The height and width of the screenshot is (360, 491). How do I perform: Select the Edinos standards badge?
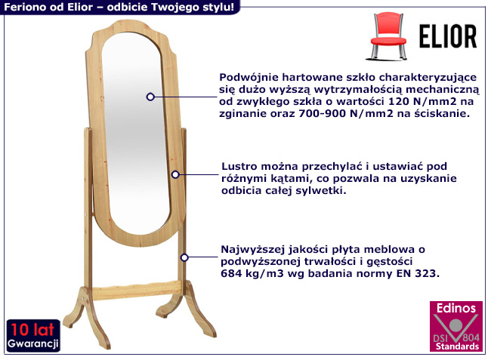455,327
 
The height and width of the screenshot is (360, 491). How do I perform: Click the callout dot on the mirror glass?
150,97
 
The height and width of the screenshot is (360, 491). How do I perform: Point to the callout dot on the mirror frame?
174,174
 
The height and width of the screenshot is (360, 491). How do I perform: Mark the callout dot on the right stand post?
184,257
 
